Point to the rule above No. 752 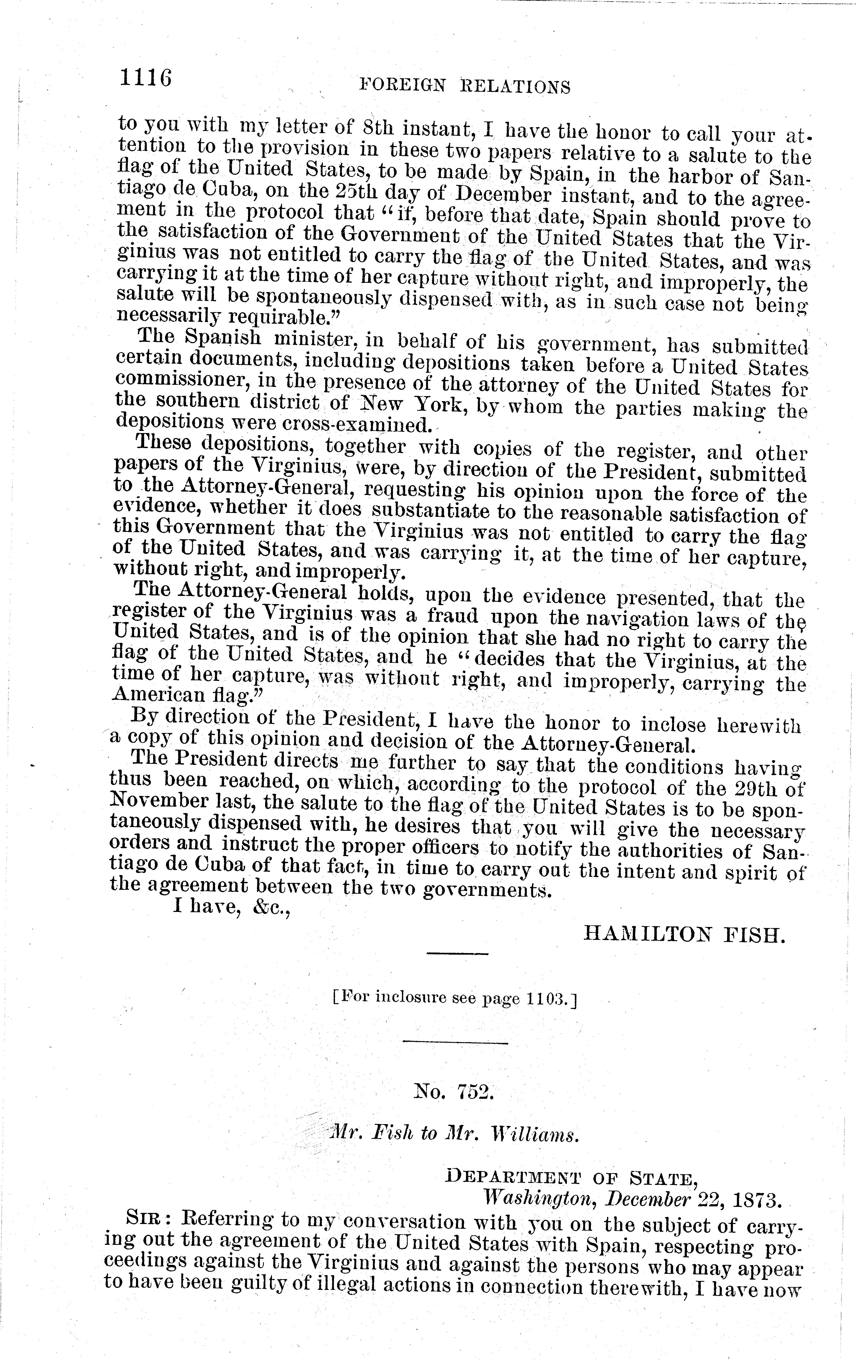click(456, 1043)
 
